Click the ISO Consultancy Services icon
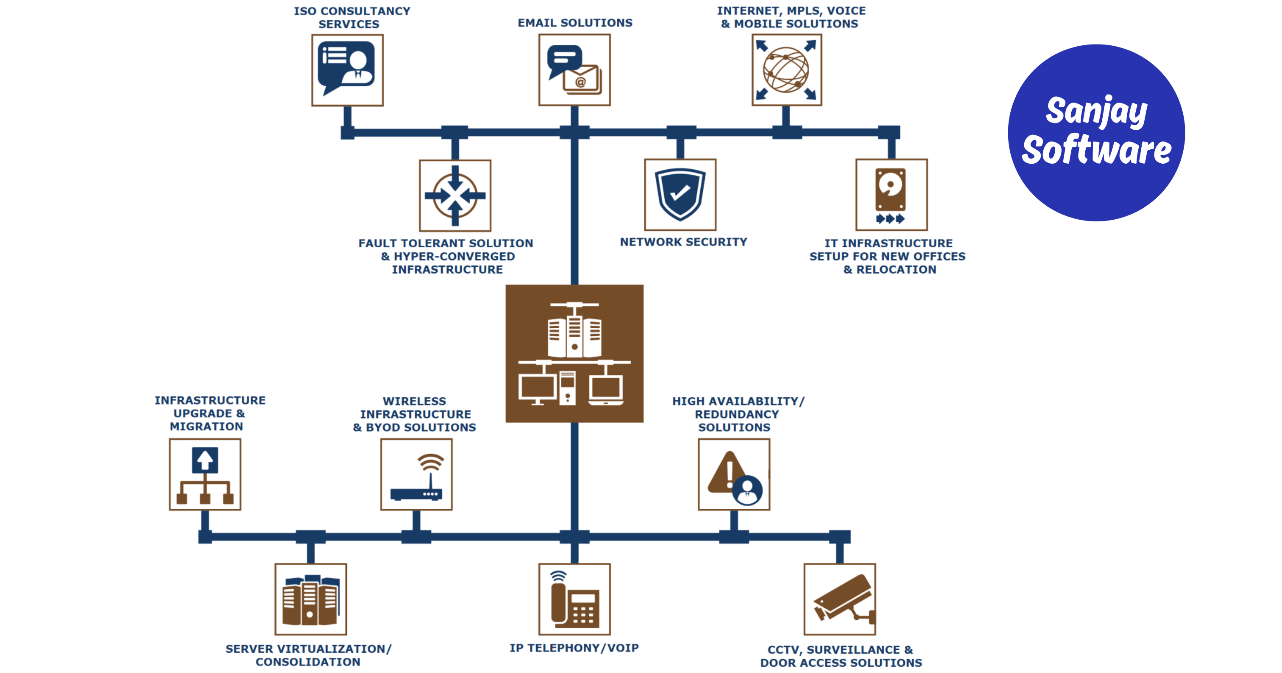point(347,70)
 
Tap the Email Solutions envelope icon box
point(574,70)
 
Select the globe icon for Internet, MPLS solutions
point(786,70)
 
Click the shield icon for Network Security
point(680,195)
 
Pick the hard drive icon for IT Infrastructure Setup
point(891,195)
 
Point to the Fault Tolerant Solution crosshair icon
point(455,195)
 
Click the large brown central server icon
point(574,353)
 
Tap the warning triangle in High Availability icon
point(727,473)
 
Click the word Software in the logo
point(1096,150)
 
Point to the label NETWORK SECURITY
point(683,242)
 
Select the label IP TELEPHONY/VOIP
point(574,648)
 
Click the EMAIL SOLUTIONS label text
point(575,23)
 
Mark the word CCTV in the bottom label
point(784,650)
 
